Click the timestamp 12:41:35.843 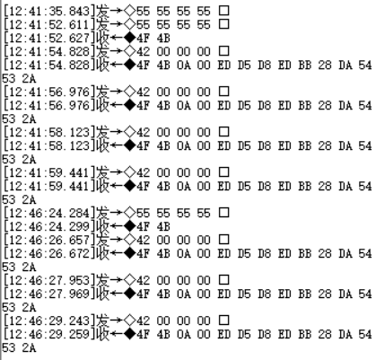pos(49,11)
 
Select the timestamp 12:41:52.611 pos(49,24)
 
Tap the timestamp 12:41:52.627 pos(49,38)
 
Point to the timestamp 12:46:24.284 pos(49,213)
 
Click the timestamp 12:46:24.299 pos(49,226)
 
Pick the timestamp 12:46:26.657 pos(49,240)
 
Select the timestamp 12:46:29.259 pos(49,334)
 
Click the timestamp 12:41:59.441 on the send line pos(49,172)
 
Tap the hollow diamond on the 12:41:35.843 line pos(130,11)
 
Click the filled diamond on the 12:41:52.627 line pos(130,38)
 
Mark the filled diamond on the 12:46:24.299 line pos(130,226)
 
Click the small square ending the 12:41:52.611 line pos(224,24)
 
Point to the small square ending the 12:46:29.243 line pos(224,320)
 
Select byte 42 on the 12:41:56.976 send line pos(143,92)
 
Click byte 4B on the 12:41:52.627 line pos(163,38)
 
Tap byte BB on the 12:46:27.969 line pos(305,294)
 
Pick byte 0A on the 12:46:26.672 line pos(183,253)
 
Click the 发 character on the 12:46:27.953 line pos(102,280)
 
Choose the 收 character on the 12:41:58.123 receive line pos(102,145)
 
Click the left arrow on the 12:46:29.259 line pos(117,334)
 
